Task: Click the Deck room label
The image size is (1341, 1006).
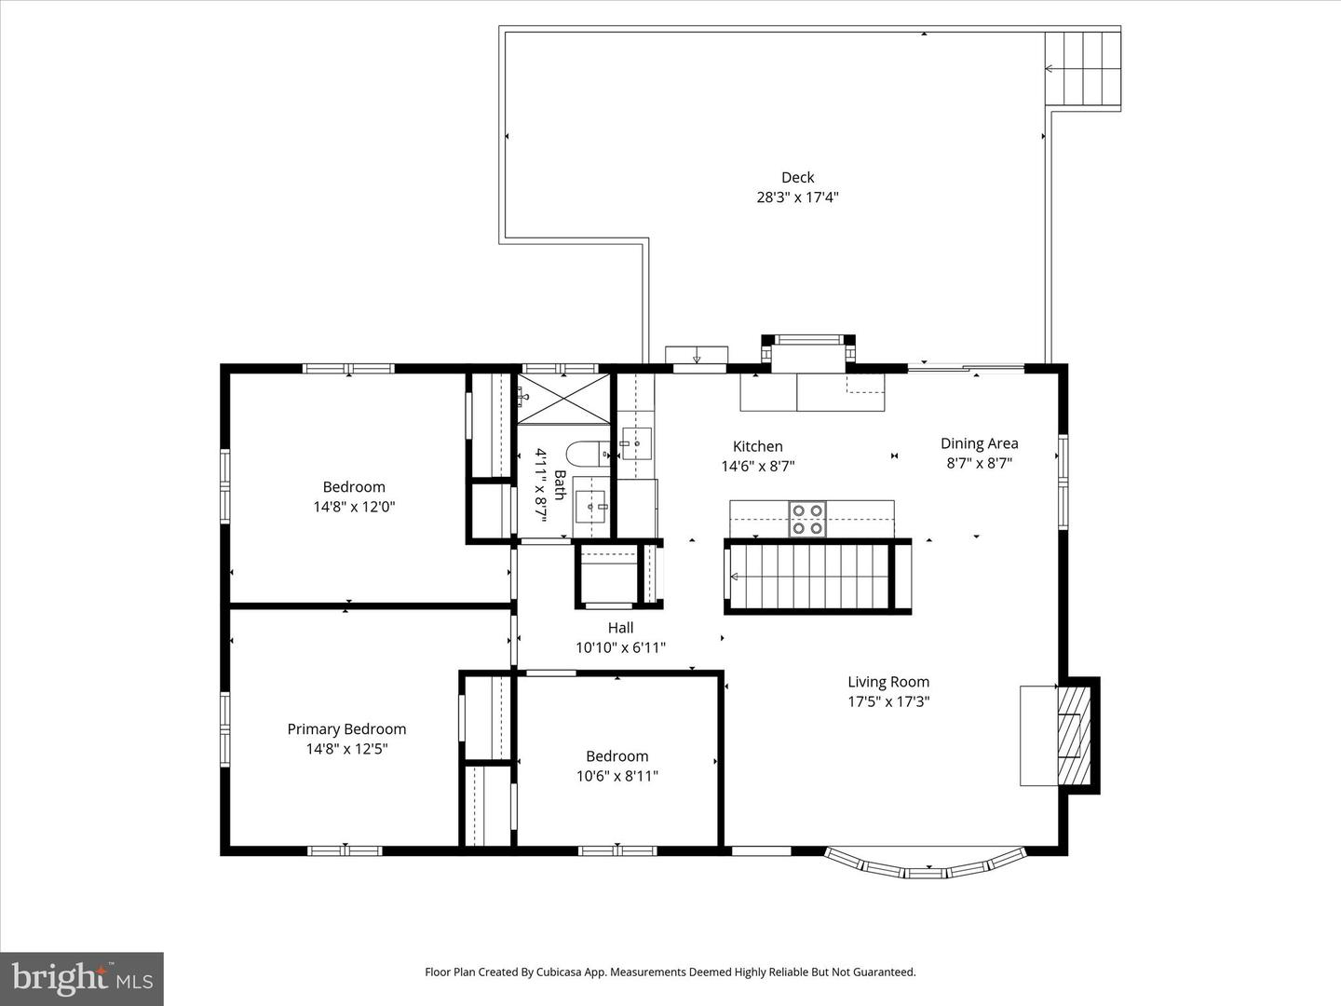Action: (x=797, y=177)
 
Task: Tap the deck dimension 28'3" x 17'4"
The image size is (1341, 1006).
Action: (x=797, y=197)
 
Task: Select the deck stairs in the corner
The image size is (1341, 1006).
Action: (x=1081, y=69)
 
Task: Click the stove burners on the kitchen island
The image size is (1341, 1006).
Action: (x=807, y=519)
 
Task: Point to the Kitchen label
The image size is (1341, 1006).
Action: (x=757, y=446)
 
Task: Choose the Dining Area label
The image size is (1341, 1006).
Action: (x=979, y=443)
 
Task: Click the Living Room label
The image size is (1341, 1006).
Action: (x=887, y=682)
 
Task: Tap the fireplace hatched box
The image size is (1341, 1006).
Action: (x=1074, y=736)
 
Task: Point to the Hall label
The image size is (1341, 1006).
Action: (x=620, y=628)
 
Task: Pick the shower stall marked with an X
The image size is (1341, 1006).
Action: (x=564, y=399)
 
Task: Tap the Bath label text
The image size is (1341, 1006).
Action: (x=560, y=484)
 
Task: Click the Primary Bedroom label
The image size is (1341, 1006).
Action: (x=346, y=729)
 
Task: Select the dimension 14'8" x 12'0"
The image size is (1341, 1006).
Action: (x=354, y=508)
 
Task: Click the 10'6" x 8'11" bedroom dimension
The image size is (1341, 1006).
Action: (x=616, y=776)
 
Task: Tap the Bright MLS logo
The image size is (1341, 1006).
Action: (x=82, y=978)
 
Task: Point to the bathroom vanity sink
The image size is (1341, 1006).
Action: (x=590, y=508)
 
